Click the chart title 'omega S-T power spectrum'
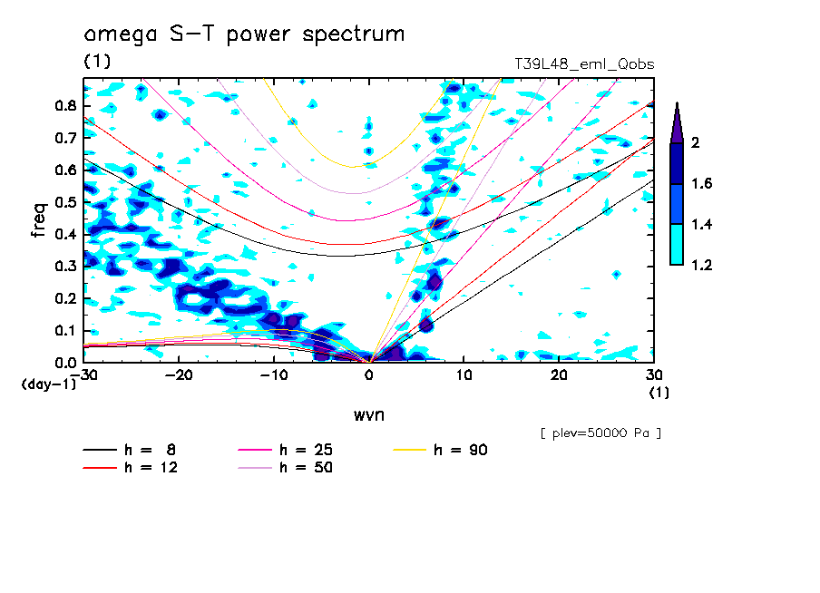pos(244,35)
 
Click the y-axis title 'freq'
pos(39,220)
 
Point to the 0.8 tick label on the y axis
pos(63,105)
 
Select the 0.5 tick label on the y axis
pos(63,202)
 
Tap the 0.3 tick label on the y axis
pos(63,267)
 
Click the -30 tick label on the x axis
pos(85,375)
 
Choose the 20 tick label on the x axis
pos(559,375)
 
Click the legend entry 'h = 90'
pos(462,450)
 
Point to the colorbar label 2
pos(697,143)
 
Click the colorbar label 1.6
pos(702,184)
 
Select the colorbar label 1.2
pos(702,265)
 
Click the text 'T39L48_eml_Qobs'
pos(584,63)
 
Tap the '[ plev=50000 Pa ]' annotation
pos(600,433)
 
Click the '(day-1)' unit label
pos(48,384)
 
